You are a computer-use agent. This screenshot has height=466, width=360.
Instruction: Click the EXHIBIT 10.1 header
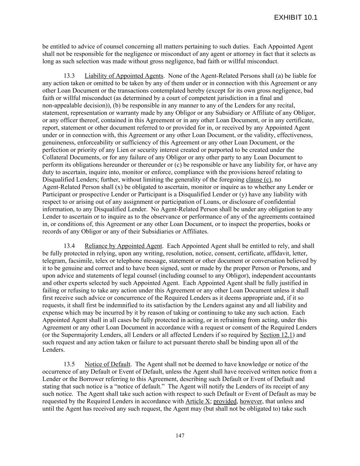click(296, 18)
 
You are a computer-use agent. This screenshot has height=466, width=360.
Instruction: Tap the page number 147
click(180, 435)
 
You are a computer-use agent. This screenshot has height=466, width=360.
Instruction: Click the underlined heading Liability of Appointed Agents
click(124, 76)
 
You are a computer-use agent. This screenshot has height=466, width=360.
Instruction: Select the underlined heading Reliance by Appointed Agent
click(123, 246)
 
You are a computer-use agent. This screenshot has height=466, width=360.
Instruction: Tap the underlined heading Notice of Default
click(107, 364)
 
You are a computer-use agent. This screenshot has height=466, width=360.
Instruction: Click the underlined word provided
click(225, 401)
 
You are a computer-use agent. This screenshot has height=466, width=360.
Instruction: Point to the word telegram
click(53, 261)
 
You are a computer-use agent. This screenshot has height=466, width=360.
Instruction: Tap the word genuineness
click(59, 142)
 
